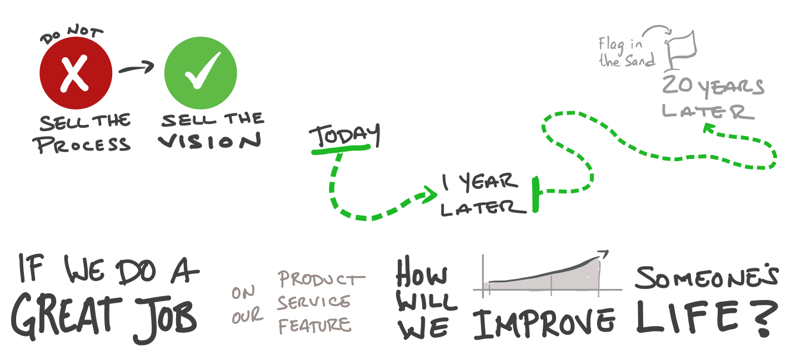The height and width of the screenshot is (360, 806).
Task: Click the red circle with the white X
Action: click(76, 73)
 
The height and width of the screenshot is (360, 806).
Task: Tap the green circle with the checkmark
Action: click(201, 73)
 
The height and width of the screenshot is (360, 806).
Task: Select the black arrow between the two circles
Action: click(137, 67)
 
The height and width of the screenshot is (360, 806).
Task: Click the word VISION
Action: click(210, 141)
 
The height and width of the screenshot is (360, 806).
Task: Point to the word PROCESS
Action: click(82, 144)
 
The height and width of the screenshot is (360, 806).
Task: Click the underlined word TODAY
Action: click(345, 136)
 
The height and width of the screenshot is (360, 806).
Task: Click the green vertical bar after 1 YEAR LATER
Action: click(536, 194)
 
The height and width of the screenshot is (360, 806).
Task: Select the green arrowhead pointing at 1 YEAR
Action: click(430, 195)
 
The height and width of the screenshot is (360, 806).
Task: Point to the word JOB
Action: click(166, 318)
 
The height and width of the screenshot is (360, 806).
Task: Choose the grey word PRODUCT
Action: click(321, 279)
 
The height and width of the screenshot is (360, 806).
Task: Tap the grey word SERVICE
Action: click(314, 302)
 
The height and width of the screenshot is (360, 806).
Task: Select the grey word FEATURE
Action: click(314, 326)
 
